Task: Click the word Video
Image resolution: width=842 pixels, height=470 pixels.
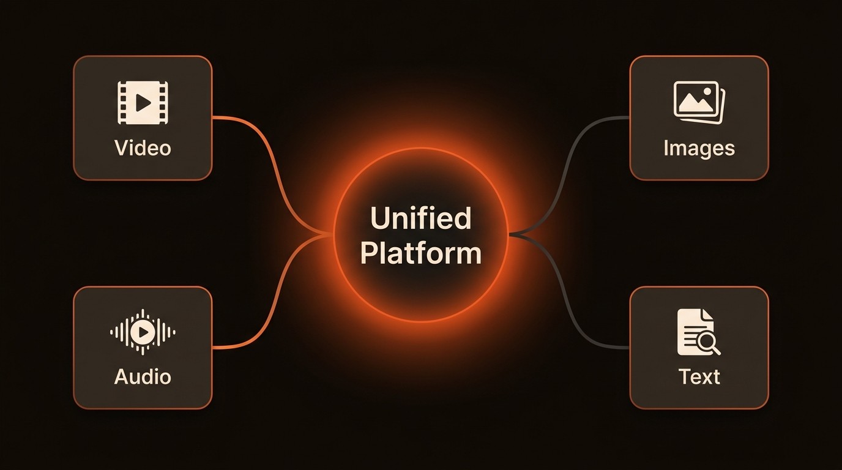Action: tap(143, 147)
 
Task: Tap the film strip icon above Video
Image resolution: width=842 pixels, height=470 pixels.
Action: tap(143, 103)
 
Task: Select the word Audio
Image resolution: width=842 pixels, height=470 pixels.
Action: tap(143, 376)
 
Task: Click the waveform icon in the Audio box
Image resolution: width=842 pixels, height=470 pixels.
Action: tap(143, 332)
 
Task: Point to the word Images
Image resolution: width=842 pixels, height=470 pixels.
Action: tap(699, 147)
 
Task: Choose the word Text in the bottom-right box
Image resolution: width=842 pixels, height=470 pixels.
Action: tap(699, 376)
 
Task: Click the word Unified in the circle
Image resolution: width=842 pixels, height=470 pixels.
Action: tap(421, 218)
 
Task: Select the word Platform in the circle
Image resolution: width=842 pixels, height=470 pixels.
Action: tap(421, 252)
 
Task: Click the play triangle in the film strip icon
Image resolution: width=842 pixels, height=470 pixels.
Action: tap(143, 103)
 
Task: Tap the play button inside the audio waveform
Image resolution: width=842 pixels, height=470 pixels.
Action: tap(143, 332)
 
